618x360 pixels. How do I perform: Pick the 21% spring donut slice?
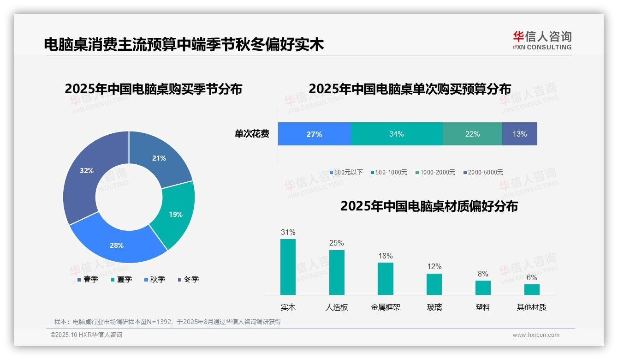click(x=159, y=158)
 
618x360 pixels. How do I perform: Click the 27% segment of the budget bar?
click(x=314, y=134)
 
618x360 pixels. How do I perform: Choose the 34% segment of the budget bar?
click(x=397, y=134)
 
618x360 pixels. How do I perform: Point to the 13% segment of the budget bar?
click(x=520, y=134)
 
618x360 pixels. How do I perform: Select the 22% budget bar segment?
click(x=472, y=134)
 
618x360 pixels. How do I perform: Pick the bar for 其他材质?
click(x=532, y=289)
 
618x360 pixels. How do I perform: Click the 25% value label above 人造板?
click(x=337, y=243)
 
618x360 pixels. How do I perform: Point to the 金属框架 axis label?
click(x=386, y=307)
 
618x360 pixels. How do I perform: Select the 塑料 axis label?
click(x=483, y=307)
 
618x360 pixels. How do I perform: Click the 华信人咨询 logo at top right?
click(x=542, y=40)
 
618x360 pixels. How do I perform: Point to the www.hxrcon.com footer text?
click(x=536, y=335)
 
